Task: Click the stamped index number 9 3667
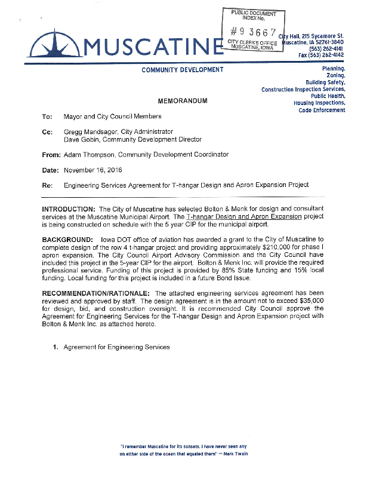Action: click(254, 32)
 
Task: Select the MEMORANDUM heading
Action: click(183, 101)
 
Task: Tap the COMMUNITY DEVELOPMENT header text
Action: click(183, 70)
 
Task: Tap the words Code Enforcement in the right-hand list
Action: click(322, 110)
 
